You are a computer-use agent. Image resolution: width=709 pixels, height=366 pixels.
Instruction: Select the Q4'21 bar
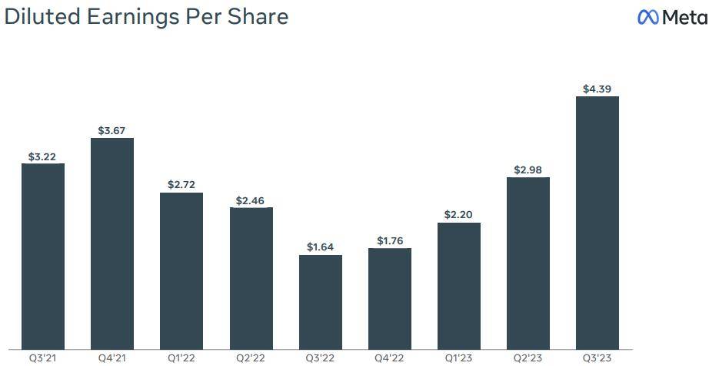tap(112, 243)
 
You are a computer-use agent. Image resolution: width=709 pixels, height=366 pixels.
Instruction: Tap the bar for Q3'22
tap(321, 301)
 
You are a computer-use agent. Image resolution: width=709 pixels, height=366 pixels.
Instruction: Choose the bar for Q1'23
tap(459, 285)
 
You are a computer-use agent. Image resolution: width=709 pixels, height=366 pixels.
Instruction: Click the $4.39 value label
tap(597, 89)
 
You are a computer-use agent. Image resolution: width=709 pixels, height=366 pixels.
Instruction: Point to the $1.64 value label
tap(321, 247)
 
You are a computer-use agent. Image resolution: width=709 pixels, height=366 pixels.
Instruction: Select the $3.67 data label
tap(112, 131)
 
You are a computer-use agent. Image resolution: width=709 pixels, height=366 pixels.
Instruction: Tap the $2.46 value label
tap(251, 200)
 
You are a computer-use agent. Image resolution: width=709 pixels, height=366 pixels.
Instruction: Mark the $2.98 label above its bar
tap(528, 170)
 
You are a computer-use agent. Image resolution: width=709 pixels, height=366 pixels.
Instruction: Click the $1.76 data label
tap(390, 241)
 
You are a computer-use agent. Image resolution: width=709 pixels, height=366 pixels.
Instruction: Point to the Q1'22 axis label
tap(181, 358)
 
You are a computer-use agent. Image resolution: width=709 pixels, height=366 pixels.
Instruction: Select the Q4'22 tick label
tap(390, 358)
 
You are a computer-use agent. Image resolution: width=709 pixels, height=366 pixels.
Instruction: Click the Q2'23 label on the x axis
tap(528, 358)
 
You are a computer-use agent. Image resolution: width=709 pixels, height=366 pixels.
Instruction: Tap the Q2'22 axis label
tap(251, 358)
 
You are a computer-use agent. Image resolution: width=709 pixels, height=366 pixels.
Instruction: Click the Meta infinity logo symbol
tap(648, 17)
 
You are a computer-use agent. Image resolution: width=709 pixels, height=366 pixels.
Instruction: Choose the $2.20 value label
tap(459, 215)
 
